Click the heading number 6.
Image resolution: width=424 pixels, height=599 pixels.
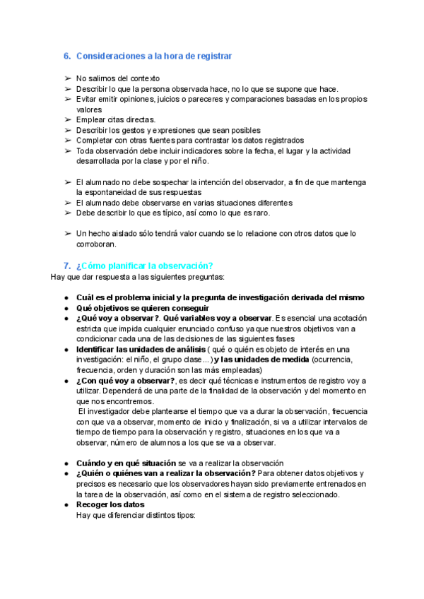point(67,55)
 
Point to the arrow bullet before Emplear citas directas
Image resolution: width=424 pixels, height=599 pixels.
point(67,120)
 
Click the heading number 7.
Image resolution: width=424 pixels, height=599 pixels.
point(67,266)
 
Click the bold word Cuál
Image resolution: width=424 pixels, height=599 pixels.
point(86,297)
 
